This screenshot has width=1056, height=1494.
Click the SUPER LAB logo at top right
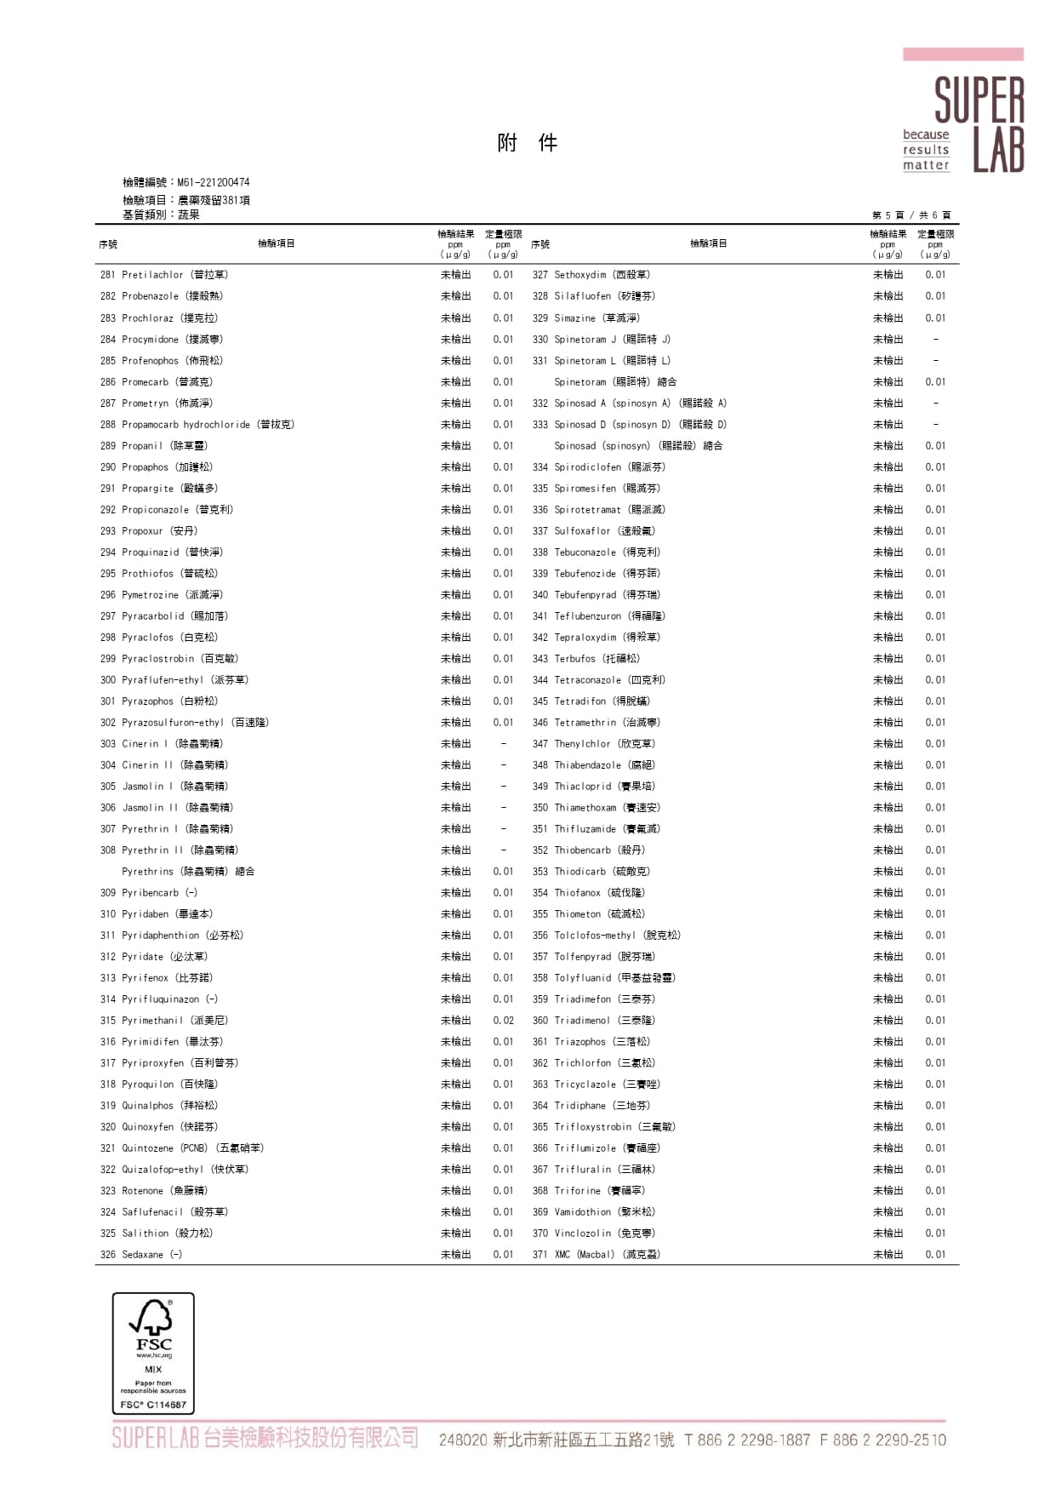pos(979,124)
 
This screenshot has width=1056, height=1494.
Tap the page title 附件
pos(528,143)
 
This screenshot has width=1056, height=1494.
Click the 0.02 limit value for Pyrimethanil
pos(503,1021)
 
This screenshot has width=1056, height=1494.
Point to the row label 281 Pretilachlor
pos(164,275)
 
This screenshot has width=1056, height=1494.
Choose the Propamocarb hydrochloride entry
pos(197,425)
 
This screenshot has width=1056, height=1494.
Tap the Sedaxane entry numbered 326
pos(141,1255)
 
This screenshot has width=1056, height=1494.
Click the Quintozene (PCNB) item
pos(182,1148)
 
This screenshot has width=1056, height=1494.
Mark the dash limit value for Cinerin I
pos(503,744)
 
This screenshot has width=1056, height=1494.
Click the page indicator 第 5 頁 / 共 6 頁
pos(910,215)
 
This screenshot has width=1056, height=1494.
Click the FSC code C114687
pos(153,1405)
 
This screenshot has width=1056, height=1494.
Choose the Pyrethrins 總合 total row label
pos(188,872)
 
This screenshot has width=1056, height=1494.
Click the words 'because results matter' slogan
pos(926,150)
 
